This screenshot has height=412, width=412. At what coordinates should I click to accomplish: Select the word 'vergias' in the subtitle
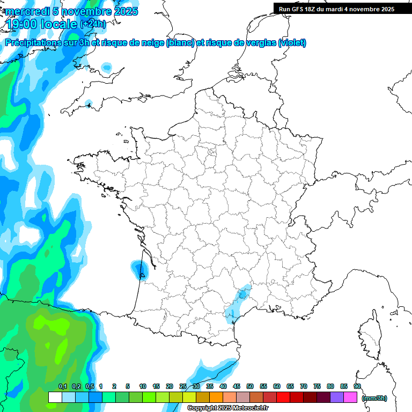[x=257, y=43]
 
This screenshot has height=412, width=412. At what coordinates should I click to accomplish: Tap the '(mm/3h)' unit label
[x=374, y=398]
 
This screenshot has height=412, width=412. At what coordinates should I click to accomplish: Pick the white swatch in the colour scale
[x=55, y=398]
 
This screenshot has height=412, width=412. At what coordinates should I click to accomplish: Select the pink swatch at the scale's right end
[x=350, y=398]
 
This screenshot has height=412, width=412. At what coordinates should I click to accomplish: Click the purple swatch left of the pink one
[x=337, y=398]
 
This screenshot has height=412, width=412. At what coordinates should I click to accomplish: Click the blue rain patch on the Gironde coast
[x=141, y=268]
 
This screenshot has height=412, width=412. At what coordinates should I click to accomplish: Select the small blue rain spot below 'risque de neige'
[x=107, y=68]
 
